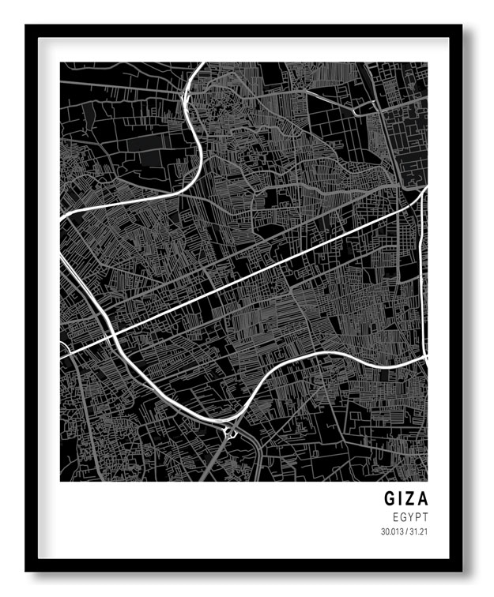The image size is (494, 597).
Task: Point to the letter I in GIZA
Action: pyautogui.click(x=402, y=499)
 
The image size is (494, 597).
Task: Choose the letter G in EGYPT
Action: pyautogui.click(x=402, y=516)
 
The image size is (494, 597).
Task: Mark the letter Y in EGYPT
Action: pyautogui.click(x=410, y=516)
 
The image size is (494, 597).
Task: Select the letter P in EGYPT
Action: pyautogui.click(x=417, y=516)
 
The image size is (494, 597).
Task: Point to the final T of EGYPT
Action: pyautogui.click(x=424, y=516)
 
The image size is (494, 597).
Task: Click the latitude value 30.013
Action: pyautogui.click(x=392, y=531)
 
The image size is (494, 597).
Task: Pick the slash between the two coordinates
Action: pyautogui.click(x=406, y=531)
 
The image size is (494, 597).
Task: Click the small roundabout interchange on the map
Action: pyautogui.click(x=231, y=430)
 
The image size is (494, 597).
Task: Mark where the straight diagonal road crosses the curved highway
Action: pyautogui.click(x=111, y=336)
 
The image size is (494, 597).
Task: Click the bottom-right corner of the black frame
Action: pyautogui.click(x=462, y=571)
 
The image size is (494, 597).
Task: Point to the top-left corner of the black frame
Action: pyautogui.click(x=25, y=25)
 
